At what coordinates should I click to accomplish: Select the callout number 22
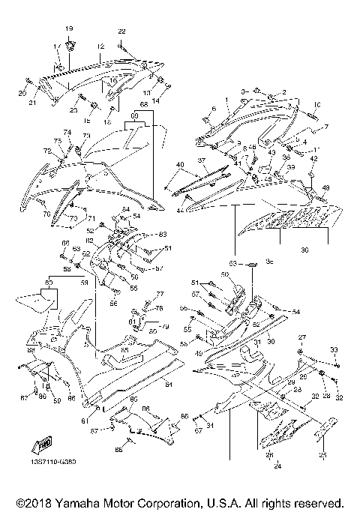[x=122, y=31]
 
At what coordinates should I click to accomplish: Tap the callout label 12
[x=100, y=46]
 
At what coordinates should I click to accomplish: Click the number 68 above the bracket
[x=143, y=105]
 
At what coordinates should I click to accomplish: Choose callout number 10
[x=316, y=104]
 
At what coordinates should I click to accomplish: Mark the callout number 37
[x=202, y=160]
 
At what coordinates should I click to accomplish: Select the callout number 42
[x=313, y=159]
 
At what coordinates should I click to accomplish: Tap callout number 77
[x=159, y=295]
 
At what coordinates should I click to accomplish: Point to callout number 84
[x=168, y=385]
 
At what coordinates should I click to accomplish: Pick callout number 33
[x=334, y=349]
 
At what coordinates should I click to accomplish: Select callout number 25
[x=323, y=454]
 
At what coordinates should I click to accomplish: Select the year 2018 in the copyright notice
[x=33, y=502]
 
